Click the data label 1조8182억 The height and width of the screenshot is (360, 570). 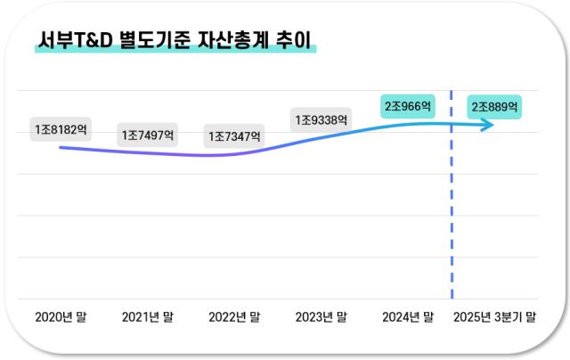(61, 130)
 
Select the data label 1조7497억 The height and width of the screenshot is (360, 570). (148, 135)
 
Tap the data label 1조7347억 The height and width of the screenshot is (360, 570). (235, 136)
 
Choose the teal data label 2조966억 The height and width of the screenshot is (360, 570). (408, 106)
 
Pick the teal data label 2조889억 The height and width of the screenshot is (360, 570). (495, 106)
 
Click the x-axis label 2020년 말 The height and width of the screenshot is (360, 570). (61, 316)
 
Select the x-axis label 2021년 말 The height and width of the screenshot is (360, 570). (148, 316)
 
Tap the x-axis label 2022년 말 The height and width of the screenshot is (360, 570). (234, 316)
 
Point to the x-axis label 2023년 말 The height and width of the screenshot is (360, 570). (322, 316)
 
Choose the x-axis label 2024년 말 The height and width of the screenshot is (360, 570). (408, 316)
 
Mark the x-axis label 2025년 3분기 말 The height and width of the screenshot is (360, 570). (495, 316)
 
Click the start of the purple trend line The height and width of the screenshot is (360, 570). (61, 147)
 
